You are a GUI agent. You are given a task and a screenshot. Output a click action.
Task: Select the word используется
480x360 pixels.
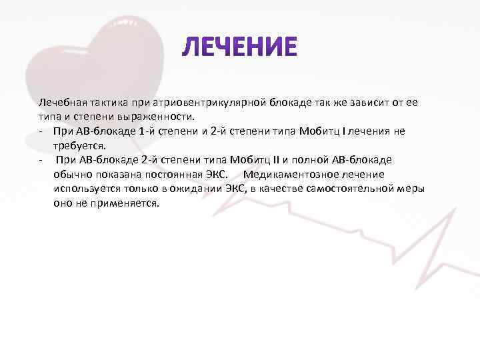85,189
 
